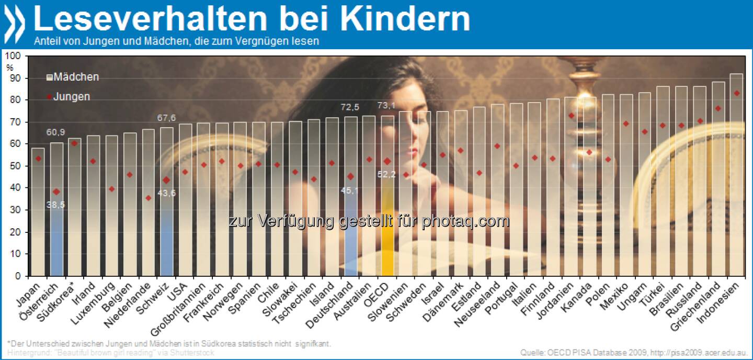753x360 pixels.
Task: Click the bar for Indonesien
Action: [x=736, y=178]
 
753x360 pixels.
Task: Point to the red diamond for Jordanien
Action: [x=571, y=116]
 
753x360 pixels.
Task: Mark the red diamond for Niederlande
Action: [x=148, y=198]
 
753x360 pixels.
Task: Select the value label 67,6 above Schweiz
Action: [x=166, y=117]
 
